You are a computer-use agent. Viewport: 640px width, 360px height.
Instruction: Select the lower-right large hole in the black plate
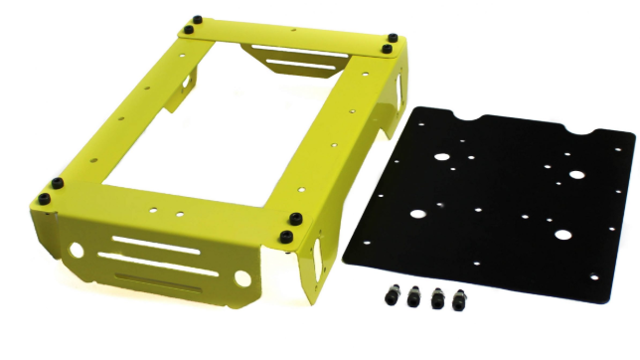pyautogui.click(x=563, y=236)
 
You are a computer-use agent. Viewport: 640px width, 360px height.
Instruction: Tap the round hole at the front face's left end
pyautogui.click(x=78, y=248)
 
